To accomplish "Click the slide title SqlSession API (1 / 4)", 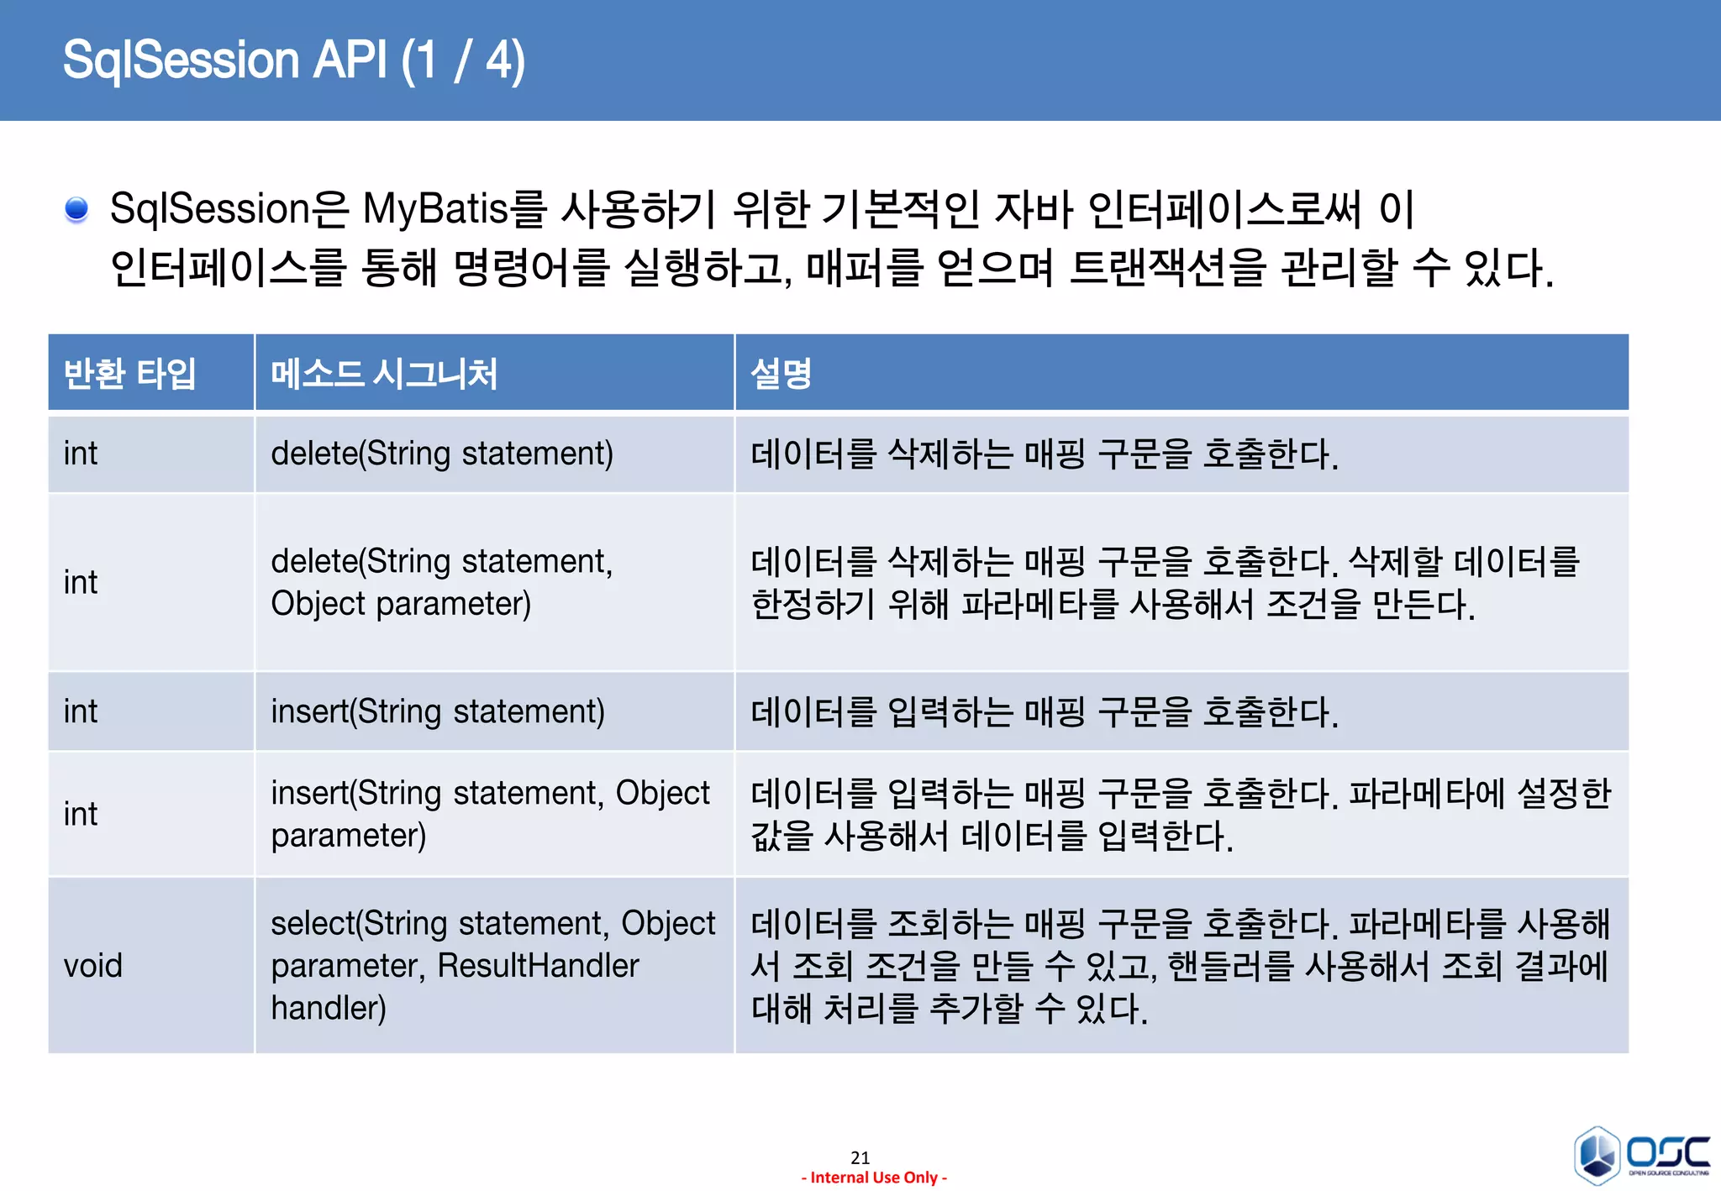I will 293,60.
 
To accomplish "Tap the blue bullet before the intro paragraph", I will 76,208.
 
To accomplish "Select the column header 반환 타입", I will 129,374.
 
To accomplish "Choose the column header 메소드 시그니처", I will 384,374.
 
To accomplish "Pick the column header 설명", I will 781,374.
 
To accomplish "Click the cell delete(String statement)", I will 442,454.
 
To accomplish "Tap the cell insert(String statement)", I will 438,711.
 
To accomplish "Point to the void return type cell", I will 92,965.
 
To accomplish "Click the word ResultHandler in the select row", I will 538,965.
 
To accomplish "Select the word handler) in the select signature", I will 329,1008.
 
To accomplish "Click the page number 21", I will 860,1157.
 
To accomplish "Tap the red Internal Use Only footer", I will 874,1178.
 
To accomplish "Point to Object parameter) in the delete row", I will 401,604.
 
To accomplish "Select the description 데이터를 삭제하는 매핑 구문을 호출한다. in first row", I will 1044,454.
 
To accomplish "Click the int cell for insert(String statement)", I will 81,711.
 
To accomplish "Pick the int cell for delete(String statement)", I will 81,454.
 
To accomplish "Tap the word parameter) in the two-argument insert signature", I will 348,836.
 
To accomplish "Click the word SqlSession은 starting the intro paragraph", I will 229,208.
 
